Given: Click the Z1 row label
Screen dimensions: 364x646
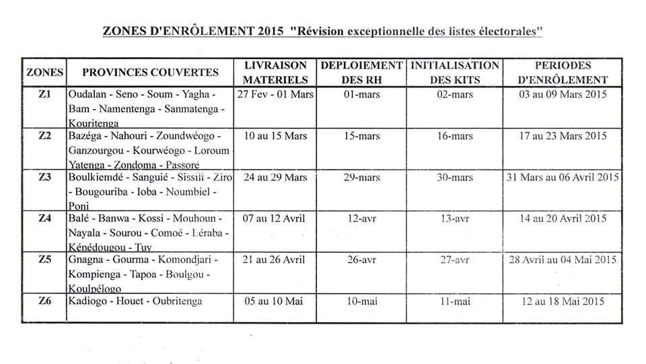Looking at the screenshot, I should (x=44, y=94).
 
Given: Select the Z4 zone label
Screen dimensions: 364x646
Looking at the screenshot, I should (x=44, y=218).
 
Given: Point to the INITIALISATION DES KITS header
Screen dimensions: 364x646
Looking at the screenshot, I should (x=455, y=72).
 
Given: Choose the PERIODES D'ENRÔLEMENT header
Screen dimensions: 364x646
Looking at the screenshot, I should (x=563, y=72).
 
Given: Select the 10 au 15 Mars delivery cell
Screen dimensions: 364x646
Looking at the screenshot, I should (x=276, y=136).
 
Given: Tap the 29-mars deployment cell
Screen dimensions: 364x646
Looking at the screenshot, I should (x=362, y=178).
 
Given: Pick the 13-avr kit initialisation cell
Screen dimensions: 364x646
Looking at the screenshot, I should (x=454, y=219).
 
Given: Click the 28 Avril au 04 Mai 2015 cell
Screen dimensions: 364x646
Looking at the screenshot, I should (x=563, y=260).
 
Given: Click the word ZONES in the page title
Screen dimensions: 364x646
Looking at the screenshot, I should (x=124, y=32).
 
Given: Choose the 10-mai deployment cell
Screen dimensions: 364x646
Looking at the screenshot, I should (x=362, y=301).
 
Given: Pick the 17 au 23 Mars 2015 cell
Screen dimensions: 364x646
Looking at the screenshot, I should (x=563, y=136).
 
